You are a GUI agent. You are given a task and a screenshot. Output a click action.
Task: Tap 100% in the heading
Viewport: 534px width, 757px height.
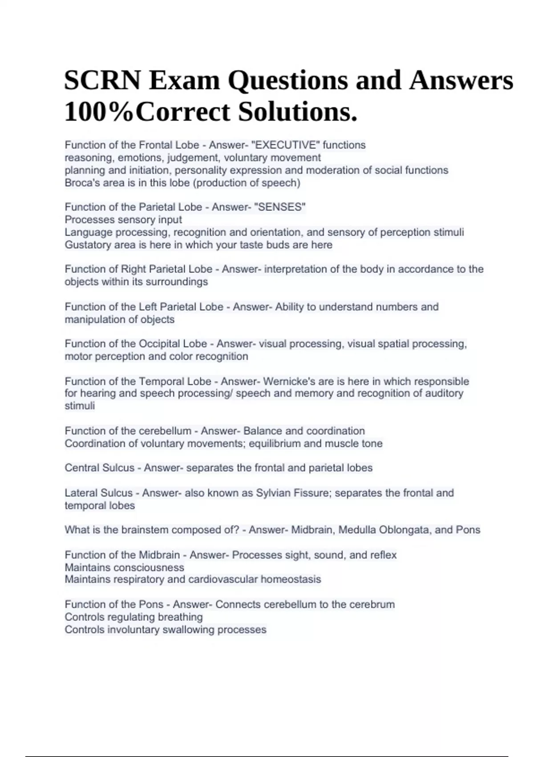[x=99, y=112]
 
